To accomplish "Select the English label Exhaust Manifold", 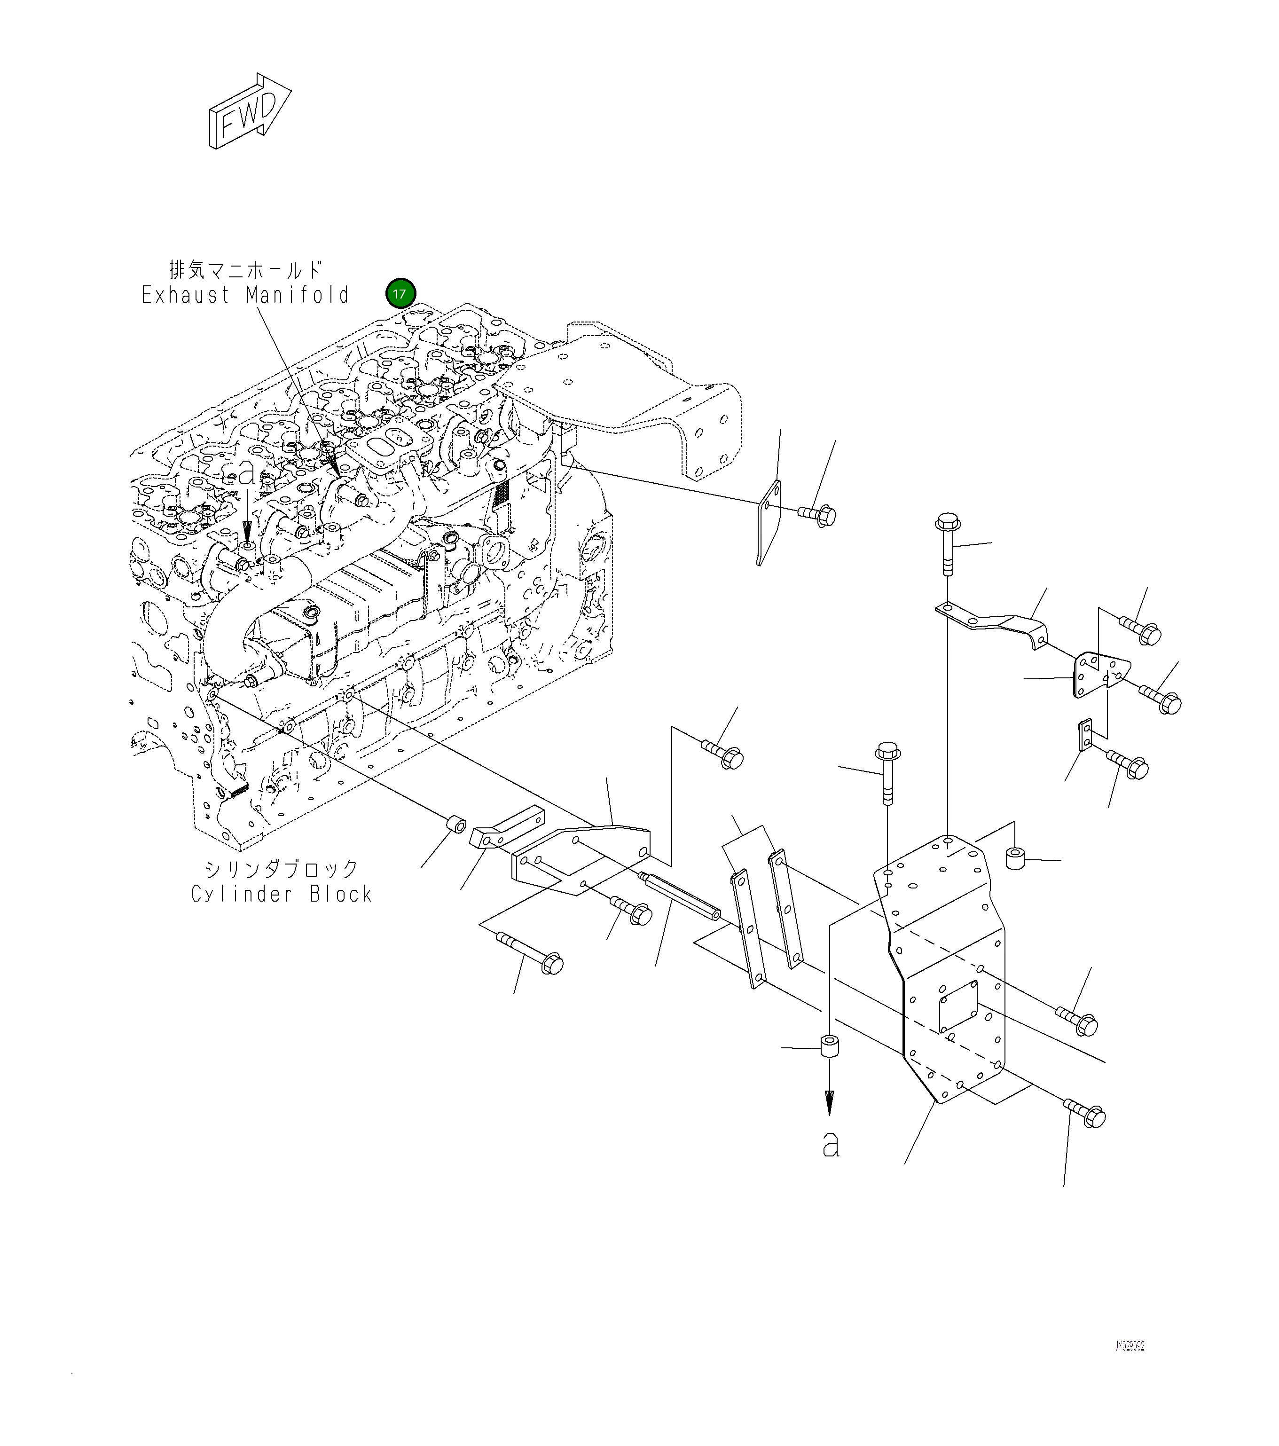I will (x=245, y=295).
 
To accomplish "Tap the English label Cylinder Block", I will (x=281, y=894).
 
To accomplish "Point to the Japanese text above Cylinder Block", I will (x=281, y=868).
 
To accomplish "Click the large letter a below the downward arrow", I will (x=831, y=1144).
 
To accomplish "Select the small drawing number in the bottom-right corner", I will (x=1129, y=1345).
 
